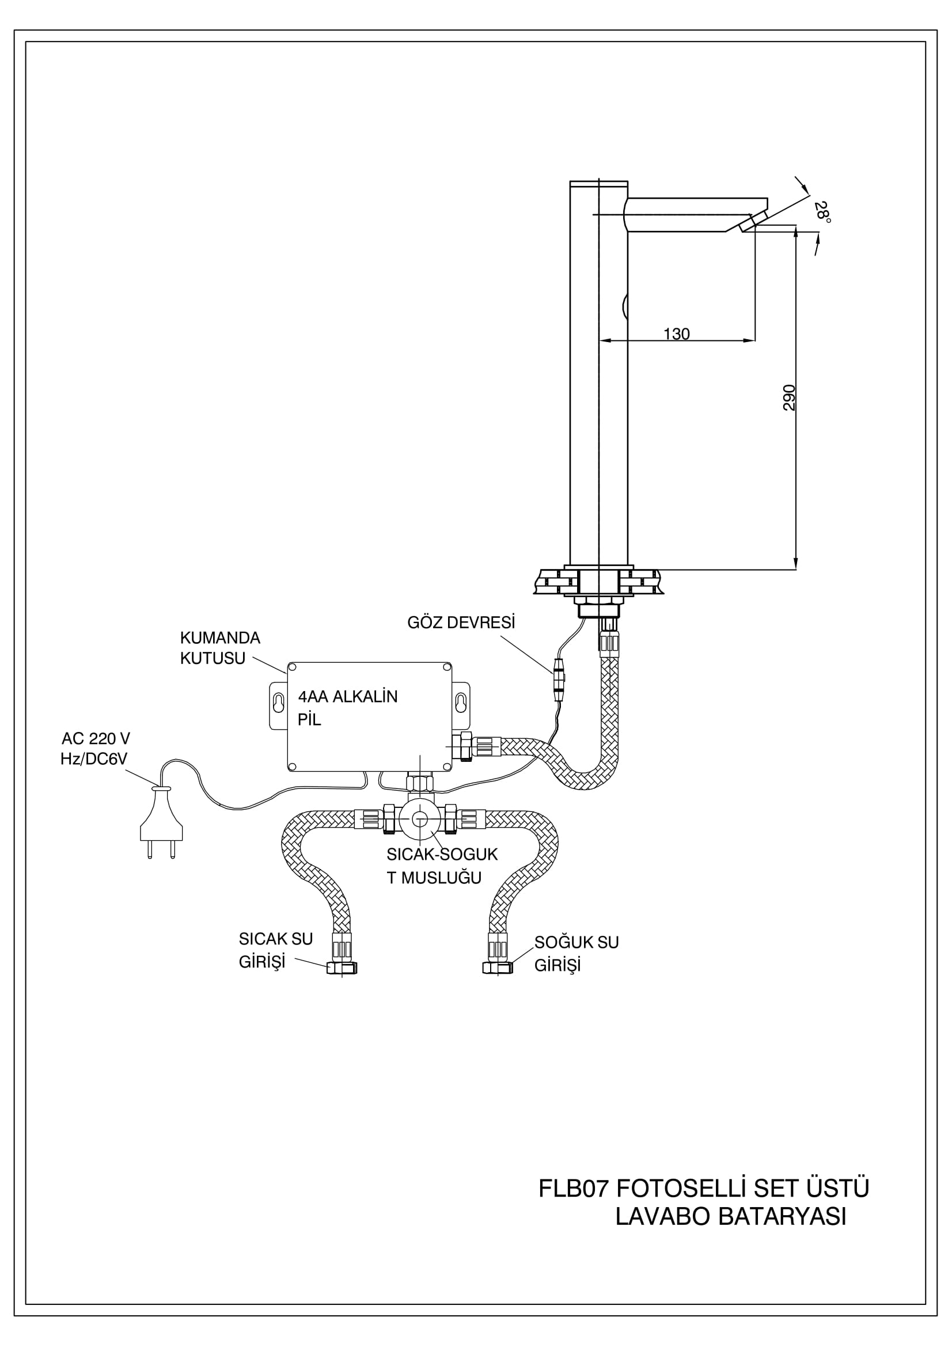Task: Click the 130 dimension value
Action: coord(676,334)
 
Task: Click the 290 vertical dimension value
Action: coord(789,397)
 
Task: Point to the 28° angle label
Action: coord(823,212)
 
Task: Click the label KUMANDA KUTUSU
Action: coord(220,648)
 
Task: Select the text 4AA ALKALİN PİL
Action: coord(348,708)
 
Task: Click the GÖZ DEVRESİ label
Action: coord(461,623)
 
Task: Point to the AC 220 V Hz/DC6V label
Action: coord(95,749)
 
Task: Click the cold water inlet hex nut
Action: coord(498,967)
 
